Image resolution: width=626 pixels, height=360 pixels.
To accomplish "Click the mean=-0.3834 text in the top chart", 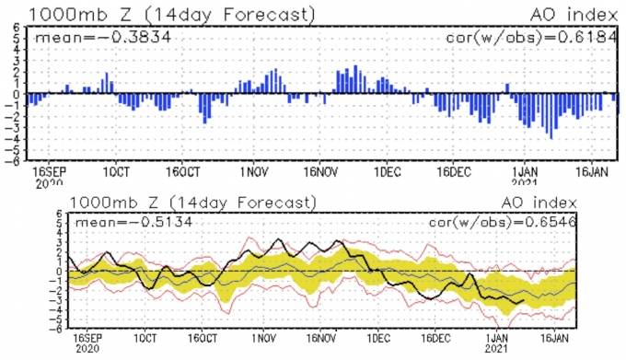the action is point(103,38).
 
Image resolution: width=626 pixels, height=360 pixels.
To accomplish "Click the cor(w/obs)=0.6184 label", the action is point(532,37).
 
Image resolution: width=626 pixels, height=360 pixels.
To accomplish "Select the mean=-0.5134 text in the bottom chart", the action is point(133,222).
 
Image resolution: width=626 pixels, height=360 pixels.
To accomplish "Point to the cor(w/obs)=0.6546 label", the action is point(503,222).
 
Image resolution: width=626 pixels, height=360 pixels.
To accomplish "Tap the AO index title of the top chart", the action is point(574,15).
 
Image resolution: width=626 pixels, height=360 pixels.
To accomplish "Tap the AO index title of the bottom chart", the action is point(539,203).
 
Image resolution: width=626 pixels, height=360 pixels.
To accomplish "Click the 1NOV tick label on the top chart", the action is point(254,172).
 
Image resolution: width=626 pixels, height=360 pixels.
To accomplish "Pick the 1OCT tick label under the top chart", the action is point(116,172).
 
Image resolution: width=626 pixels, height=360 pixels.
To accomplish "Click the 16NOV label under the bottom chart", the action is point(321,339).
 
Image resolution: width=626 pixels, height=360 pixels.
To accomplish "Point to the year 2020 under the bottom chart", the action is point(87,348).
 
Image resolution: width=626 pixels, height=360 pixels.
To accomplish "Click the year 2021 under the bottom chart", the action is point(496,348).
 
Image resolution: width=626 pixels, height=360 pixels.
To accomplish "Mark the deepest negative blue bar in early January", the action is point(551,116).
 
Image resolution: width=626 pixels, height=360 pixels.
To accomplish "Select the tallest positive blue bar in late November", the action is point(355,79).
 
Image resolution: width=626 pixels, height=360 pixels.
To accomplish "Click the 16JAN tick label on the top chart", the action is point(591,172).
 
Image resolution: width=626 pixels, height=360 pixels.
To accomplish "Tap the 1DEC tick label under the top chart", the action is point(387,172).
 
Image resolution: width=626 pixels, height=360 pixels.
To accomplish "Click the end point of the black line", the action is point(524,300).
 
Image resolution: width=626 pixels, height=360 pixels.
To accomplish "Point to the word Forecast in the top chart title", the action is point(266,15).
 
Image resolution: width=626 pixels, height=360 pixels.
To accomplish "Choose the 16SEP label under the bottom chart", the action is point(87,339).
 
